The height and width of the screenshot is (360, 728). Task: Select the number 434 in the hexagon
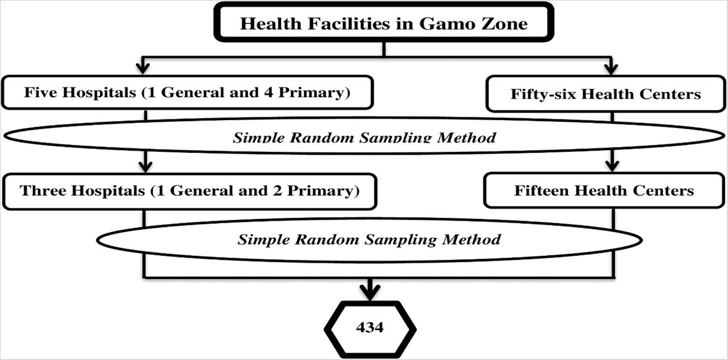pos(370,327)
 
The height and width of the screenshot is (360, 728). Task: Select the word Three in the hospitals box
pos(43,191)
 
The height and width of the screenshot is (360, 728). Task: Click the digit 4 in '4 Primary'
pos(268,92)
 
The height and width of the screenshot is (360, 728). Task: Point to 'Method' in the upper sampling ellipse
pos(466,138)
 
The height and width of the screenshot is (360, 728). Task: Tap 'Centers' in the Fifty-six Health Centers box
pos(670,94)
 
